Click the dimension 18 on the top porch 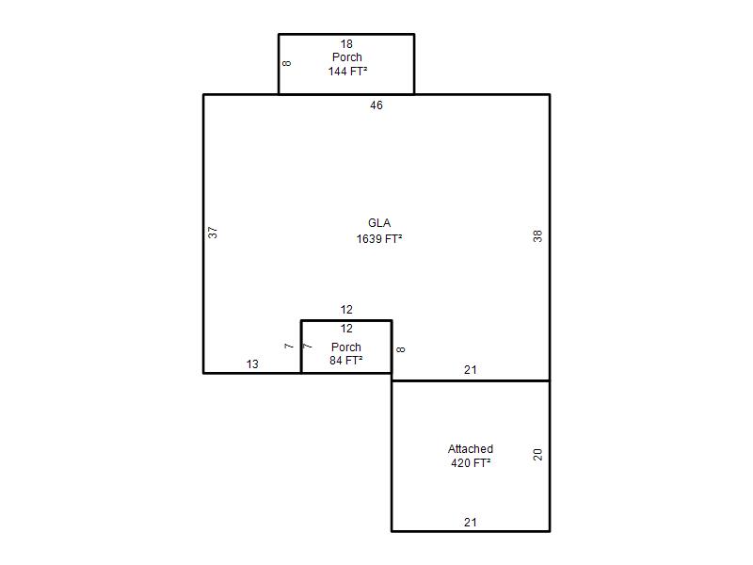click(x=346, y=44)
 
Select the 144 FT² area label click(x=347, y=72)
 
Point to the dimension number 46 click(x=376, y=105)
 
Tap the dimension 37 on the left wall click(x=213, y=233)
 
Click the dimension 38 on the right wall click(x=537, y=236)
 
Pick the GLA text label click(x=379, y=223)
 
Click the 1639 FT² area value click(x=379, y=239)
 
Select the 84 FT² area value click(x=345, y=361)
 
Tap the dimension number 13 click(x=252, y=364)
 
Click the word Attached click(x=471, y=449)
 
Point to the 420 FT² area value click(x=471, y=462)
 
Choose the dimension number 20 click(x=537, y=455)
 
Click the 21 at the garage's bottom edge click(x=471, y=523)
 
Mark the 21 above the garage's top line click(x=471, y=370)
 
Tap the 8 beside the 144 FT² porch click(x=287, y=63)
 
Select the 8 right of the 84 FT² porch click(x=401, y=349)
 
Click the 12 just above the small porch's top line click(x=346, y=310)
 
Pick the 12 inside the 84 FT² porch click(x=346, y=329)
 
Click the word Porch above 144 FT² click(x=346, y=57)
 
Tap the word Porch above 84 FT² click(x=345, y=347)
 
